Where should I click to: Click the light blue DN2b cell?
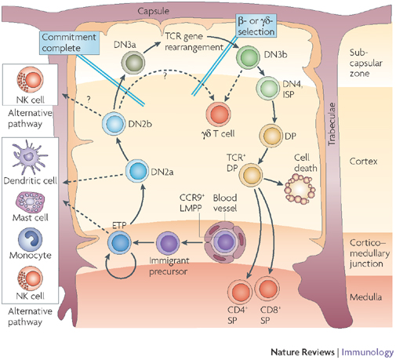[x=116, y=122]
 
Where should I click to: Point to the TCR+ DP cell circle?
[x=252, y=173]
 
